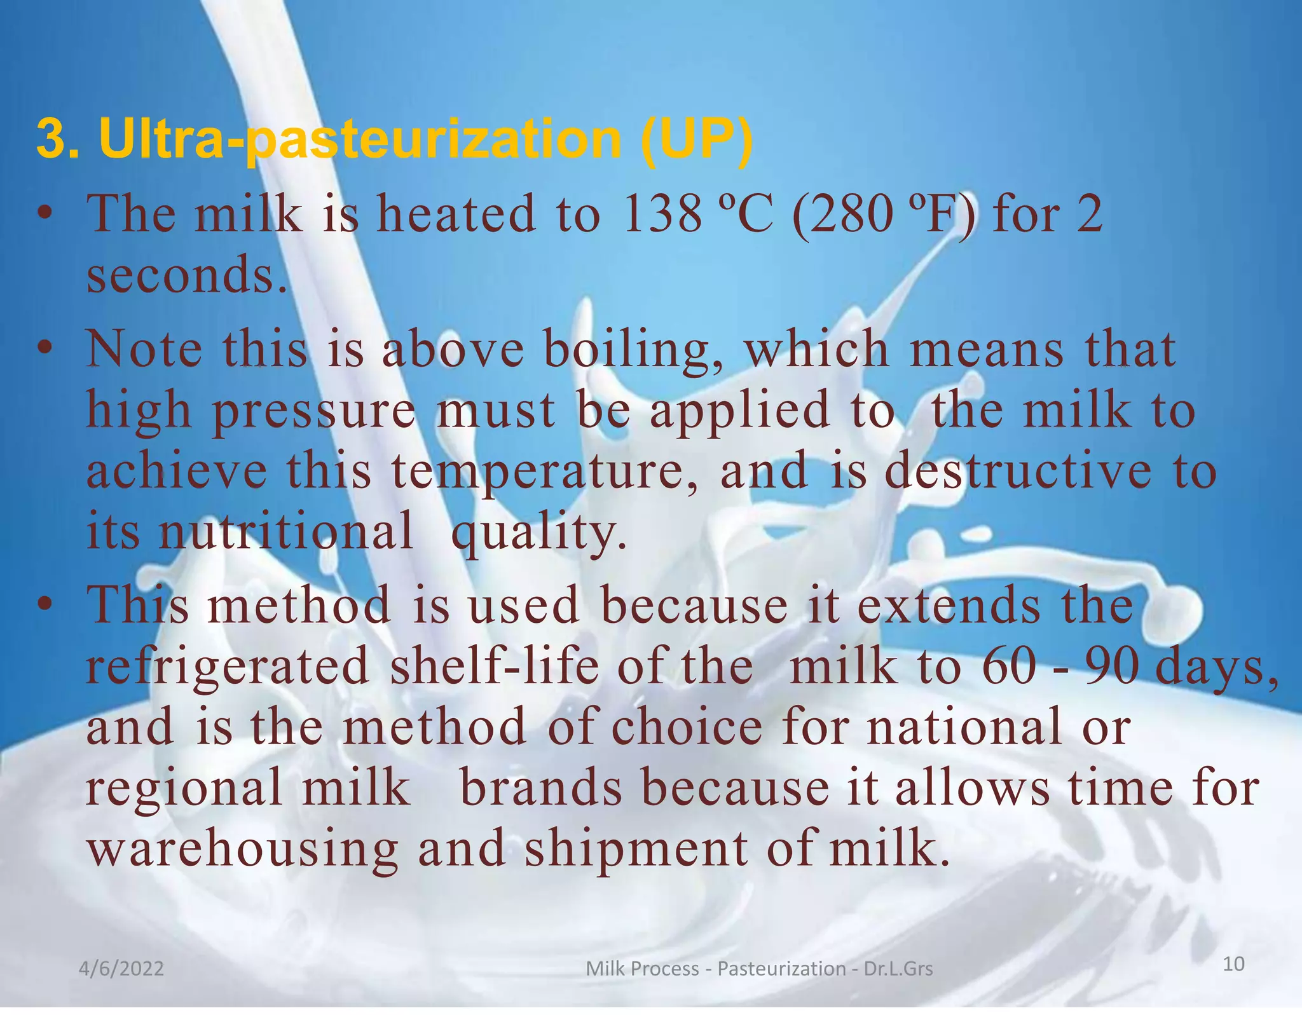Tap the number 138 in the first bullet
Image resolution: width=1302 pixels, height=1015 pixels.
tap(662, 214)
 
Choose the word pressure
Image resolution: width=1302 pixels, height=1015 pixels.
tap(314, 411)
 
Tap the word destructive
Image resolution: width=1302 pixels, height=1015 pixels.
tap(1017, 471)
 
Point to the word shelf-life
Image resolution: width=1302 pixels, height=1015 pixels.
tap(495, 665)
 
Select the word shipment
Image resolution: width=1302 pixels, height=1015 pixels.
tap(636, 850)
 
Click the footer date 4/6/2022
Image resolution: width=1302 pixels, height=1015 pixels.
tap(121, 969)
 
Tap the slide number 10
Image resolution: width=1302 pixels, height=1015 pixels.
tap(1233, 964)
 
